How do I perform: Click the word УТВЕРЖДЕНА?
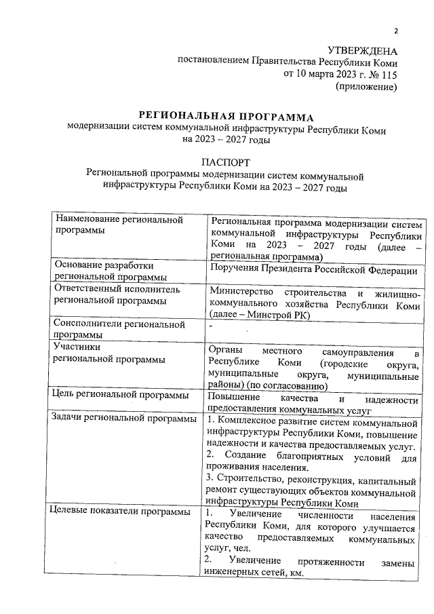point(362,50)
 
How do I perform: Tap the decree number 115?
point(388,74)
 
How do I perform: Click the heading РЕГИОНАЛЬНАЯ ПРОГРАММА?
point(226,117)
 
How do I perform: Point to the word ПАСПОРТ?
point(226,161)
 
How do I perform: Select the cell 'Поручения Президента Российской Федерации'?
point(314,271)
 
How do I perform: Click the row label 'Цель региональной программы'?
point(121,395)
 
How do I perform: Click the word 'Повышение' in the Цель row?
point(233,399)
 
